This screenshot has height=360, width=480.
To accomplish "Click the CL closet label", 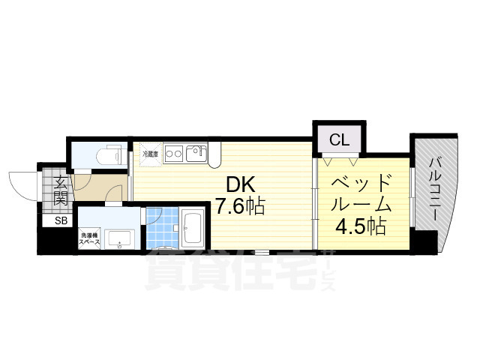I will pos(339,139).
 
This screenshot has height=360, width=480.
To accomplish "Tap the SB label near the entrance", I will pos(59,220).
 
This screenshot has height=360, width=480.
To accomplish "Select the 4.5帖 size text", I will pos(362,225).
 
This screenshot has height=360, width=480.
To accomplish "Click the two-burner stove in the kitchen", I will pos(174,153).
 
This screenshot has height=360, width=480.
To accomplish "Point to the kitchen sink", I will pos(197,153).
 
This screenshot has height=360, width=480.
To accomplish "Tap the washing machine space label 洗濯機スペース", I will pos(89,241).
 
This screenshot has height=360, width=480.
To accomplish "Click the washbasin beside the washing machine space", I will pos(118,240).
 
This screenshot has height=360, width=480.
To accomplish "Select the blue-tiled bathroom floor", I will pos(160,229).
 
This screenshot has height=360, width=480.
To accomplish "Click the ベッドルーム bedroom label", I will pos(362,193).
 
